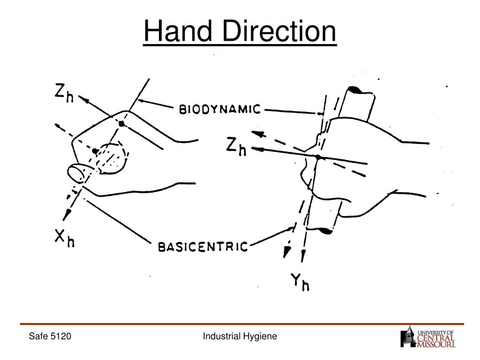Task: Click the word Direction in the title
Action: [278, 32]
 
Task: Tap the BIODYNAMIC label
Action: [220, 110]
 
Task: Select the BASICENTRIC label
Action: [202, 246]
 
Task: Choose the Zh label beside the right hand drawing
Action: [236, 147]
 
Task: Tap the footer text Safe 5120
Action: [50, 336]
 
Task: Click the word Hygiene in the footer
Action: [261, 336]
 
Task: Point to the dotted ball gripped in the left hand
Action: [112, 158]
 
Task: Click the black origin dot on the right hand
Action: [318, 157]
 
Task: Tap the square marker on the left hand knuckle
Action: [121, 124]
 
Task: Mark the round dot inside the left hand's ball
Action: [95, 151]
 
